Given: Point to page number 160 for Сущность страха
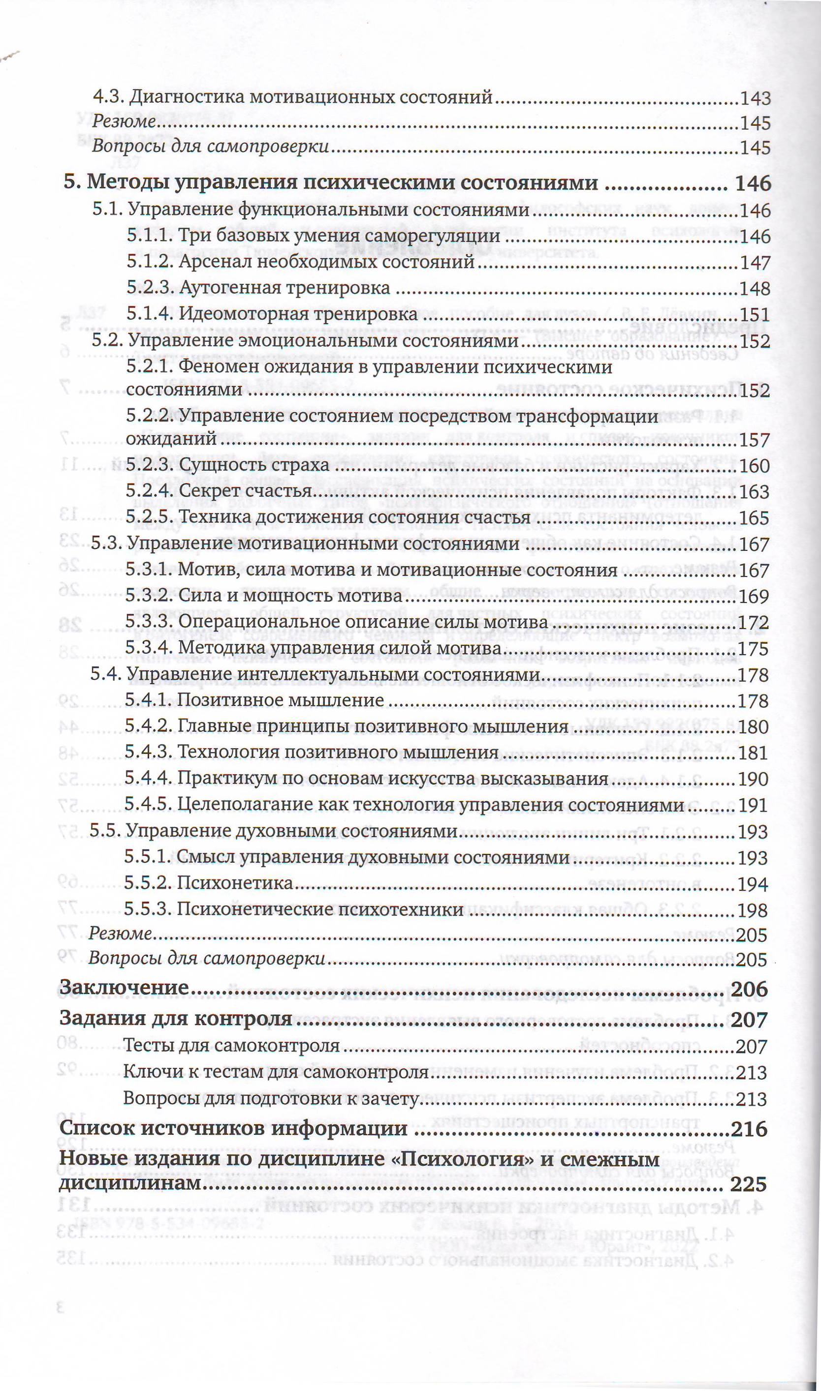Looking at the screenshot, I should [x=754, y=465].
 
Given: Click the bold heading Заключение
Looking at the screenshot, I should [x=125, y=988].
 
